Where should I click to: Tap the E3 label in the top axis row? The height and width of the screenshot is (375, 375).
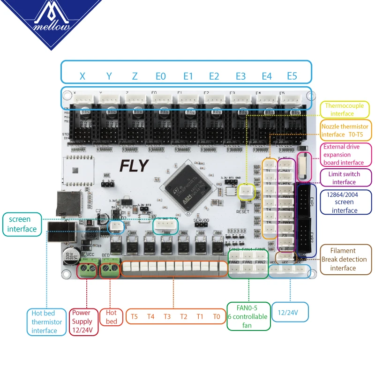click(x=240, y=76)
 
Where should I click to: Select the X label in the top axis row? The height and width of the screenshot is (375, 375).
click(x=82, y=76)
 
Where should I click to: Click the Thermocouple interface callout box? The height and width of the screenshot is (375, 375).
click(x=344, y=110)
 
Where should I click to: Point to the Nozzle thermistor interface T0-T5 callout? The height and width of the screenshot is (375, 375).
click(x=345, y=130)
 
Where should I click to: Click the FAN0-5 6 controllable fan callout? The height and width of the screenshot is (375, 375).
click(x=248, y=316)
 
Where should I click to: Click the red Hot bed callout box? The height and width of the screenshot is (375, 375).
click(x=111, y=317)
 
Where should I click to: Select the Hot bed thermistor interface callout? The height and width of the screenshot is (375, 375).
click(x=47, y=322)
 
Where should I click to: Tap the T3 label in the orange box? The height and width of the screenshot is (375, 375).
click(x=167, y=316)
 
